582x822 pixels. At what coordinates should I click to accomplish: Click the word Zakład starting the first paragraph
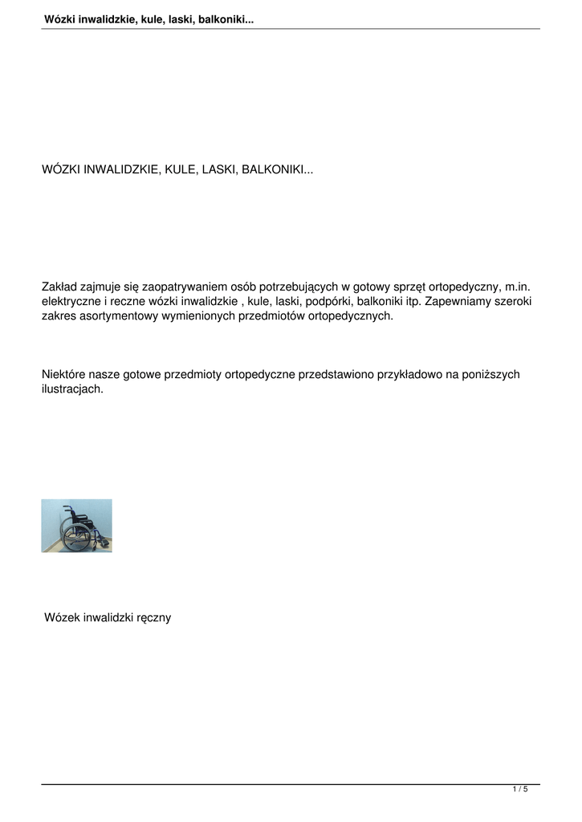pos(60,287)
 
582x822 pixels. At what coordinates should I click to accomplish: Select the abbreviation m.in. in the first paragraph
pos(517,287)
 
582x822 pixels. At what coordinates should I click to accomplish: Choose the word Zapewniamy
pos(454,301)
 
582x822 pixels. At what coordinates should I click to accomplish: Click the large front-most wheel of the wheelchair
pos(76,537)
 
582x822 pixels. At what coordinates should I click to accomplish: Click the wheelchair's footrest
pos(104,543)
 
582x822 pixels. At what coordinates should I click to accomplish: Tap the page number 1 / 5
pos(520,790)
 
